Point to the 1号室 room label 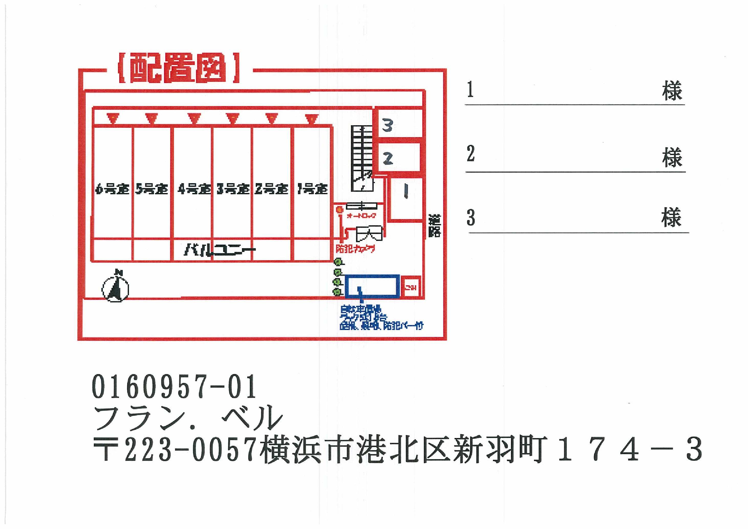(312, 189)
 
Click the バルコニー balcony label (220, 250)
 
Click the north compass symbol (115, 288)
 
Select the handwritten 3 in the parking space (388, 125)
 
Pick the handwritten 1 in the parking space (406, 191)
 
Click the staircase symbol (362, 158)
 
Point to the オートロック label (362, 216)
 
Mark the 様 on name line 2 (672, 158)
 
